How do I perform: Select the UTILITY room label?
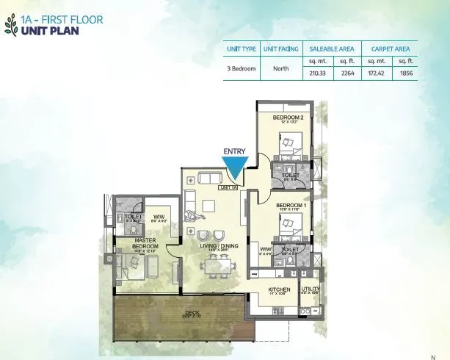point(311,289)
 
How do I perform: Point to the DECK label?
point(192,313)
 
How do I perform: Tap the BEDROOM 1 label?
point(290,206)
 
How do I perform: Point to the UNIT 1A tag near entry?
point(228,187)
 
